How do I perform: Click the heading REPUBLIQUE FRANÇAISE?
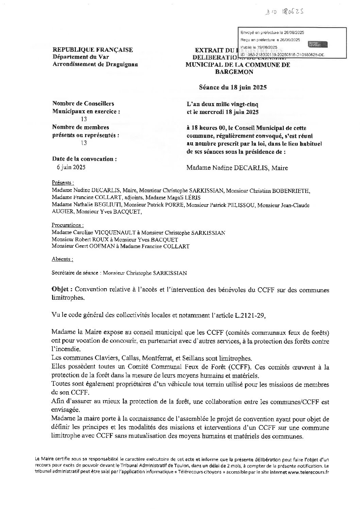click(93, 50)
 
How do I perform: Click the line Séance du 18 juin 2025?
click(233, 87)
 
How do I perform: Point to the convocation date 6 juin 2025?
click(71, 167)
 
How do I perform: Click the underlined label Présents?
click(63, 183)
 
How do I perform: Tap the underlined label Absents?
click(62, 259)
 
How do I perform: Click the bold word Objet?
click(61, 290)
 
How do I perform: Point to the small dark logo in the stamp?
click(317, 44)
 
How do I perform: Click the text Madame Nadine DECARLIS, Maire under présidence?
click(237, 168)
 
